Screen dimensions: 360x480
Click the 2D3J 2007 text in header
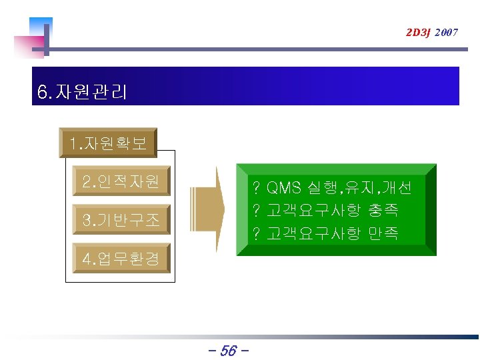(431, 32)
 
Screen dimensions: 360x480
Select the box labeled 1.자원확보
(108, 143)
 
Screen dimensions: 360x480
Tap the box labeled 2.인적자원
(121, 181)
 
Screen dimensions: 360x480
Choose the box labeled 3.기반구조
(121, 220)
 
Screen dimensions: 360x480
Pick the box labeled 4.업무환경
(121, 259)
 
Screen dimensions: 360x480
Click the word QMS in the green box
(284, 187)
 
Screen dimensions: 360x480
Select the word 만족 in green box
(383, 233)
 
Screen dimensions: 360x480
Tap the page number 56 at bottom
(228, 350)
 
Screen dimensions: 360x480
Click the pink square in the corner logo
(28, 47)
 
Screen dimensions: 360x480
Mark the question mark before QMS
(255, 187)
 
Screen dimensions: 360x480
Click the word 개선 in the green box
(397, 187)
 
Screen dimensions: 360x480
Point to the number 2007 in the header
(446, 32)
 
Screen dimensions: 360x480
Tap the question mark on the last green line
(255, 233)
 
